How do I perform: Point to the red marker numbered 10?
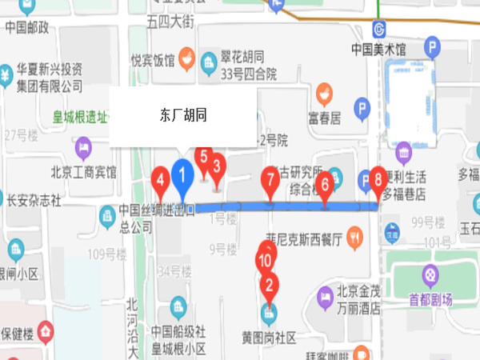pos(267,259)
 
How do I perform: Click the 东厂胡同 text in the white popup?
pos(183,115)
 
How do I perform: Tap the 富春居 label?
pos(324,118)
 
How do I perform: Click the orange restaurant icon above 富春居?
pos(324,94)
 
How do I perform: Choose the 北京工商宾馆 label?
pos(84,171)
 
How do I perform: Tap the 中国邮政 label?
pos(27,28)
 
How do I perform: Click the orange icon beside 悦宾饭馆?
pos(186,57)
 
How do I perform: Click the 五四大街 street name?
pos(170,22)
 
